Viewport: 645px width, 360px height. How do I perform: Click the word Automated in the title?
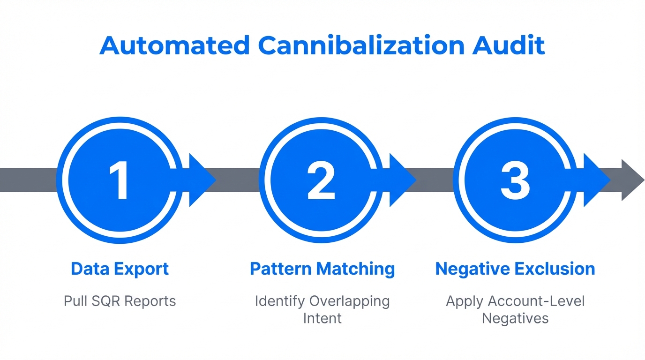click(174, 45)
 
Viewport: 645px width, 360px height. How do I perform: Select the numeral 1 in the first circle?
click(120, 180)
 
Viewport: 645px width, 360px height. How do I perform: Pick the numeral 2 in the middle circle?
click(321, 180)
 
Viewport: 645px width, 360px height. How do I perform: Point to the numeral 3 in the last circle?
click(515, 180)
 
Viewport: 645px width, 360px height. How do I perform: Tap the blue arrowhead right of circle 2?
click(402, 180)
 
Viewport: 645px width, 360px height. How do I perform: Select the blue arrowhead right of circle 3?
click(596, 180)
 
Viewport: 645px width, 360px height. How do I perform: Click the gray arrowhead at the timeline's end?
click(633, 180)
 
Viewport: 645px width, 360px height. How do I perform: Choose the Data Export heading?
click(120, 269)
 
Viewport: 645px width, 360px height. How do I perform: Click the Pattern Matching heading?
click(322, 269)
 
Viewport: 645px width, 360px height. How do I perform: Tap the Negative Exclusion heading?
click(515, 269)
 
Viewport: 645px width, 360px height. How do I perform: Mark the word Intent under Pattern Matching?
click(322, 318)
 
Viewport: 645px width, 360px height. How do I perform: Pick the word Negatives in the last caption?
click(515, 318)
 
